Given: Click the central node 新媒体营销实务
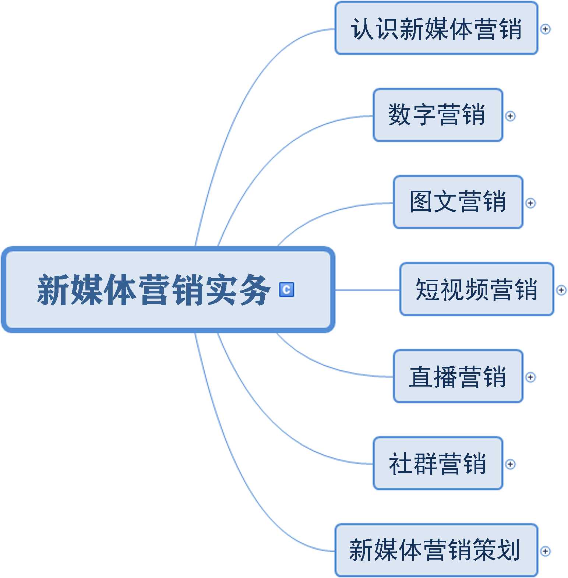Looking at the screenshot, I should click(x=155, y=290).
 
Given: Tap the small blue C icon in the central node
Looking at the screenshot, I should click(x=286, y=289).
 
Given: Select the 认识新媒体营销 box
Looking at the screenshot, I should click(x=436, y=28).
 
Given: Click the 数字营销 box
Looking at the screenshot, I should click(x=438, y=115).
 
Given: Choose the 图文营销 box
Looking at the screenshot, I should click(x=458, y=202).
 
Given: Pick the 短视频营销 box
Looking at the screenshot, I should click(x=477, y=289).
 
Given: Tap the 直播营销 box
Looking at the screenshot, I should click(x=458, y=377).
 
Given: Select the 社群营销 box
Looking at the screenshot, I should click(x=438, y=464).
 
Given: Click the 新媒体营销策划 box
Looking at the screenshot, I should click(x=436, y=550).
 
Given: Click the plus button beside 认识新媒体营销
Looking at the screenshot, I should click(x=545, y=29).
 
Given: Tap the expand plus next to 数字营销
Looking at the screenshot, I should click(x=510, y=116).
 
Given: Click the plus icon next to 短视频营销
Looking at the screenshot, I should click(x=561, y=290).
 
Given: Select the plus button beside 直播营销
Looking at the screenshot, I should click(x=530, y=377).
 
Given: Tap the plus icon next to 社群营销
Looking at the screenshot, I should click(x=510, y=464).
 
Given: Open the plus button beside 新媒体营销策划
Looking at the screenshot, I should click(x=545, y=551).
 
